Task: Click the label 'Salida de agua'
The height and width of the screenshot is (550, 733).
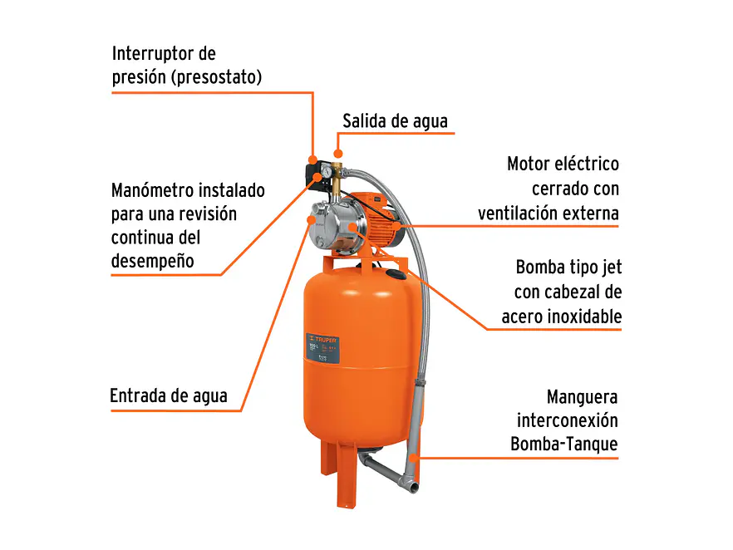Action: (x=395, y=121)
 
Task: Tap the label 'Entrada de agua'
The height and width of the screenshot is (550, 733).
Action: (x=169, y=395)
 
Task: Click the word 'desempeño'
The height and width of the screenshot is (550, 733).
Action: (x=153, y=261)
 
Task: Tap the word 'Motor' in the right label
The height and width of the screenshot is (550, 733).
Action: (x=530, y=165)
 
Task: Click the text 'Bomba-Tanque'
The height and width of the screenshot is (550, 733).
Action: (x=564, y=444)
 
